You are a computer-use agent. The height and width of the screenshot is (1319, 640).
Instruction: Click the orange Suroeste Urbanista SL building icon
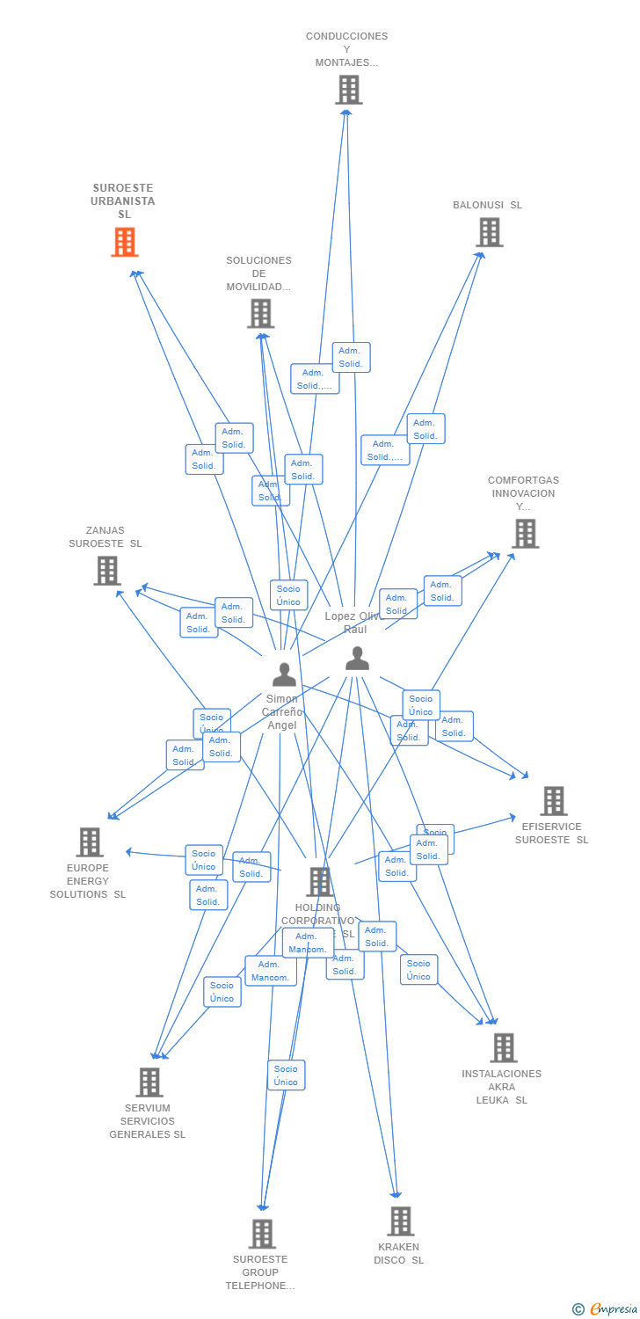click(x=125, y=242)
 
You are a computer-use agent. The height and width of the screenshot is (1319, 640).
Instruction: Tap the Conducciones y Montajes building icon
click(x=348, y=90)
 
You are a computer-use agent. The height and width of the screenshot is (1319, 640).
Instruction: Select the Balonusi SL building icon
click(x=489, y=232)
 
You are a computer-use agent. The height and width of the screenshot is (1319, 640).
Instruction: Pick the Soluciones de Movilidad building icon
click(x=260, y=314)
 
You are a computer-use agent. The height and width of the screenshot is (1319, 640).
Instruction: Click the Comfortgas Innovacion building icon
click(x=525, y=534)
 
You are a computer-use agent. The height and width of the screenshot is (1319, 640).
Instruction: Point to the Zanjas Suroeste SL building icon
click(x=107, y=571)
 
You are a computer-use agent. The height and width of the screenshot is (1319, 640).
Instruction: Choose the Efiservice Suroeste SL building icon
click(x=553, y=801)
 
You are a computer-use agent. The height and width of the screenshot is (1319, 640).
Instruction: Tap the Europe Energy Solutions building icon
click(x=90, y=842)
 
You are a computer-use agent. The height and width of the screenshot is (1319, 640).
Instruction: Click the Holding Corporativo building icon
click(x=319, y=882)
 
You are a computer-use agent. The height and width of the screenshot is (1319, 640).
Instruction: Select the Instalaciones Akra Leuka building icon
click(x=503, y=1048)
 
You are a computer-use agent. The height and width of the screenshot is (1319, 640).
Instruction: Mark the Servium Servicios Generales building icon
click(x=149, y=1082)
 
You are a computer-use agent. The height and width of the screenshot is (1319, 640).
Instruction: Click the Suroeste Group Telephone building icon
click(x=262, y=1234)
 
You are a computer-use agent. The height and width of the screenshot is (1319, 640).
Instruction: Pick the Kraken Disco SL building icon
click(x=400, y=1221)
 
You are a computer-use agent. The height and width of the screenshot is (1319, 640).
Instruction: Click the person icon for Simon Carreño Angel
click(x=284, y=674)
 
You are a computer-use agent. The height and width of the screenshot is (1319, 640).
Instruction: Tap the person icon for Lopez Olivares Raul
click(x=357, y=659)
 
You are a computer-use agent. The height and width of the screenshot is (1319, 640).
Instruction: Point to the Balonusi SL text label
click(x=487, y=205)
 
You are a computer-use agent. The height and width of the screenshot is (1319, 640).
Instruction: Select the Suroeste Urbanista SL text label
click(x=123, y=201)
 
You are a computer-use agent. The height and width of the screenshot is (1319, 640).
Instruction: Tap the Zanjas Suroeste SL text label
click(x=105, y=537)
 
